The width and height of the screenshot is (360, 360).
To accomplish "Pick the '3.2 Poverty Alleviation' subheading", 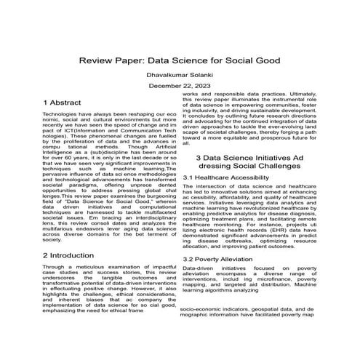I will [x=217, y=259].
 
